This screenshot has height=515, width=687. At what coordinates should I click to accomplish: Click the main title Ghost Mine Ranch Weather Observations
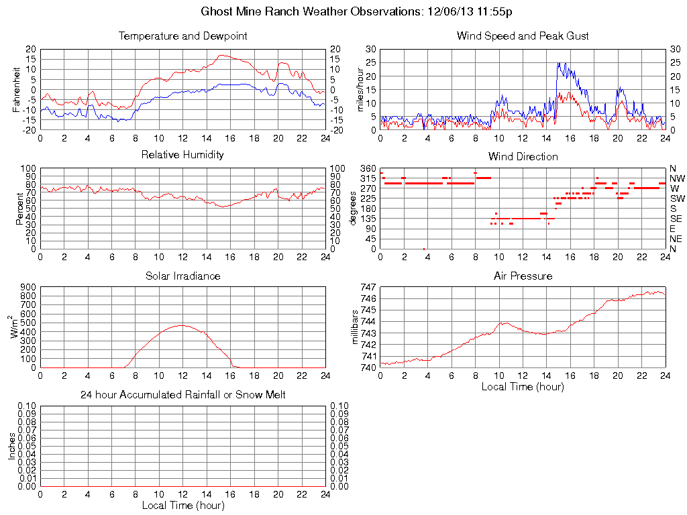point(358,12)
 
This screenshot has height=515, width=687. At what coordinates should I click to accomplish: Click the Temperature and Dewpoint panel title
point(182,36)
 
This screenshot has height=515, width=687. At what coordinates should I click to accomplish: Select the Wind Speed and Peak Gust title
point(522,36)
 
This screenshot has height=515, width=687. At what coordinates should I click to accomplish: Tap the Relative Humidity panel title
point(182,155)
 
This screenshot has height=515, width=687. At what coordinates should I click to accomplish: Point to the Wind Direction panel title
point(522,157)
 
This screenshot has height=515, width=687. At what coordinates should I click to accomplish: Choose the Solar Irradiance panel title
point(182,276)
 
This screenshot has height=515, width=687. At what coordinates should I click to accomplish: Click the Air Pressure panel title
point(523,276)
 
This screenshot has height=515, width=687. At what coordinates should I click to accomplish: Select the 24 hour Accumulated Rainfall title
point(182,395)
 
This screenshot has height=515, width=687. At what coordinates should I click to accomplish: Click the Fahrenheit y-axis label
point(16,90)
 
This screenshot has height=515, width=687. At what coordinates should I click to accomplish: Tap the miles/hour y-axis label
point(360,90)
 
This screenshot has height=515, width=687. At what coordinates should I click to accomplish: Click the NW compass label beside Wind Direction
point(677,178)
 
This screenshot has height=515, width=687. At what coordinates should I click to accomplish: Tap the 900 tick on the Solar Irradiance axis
point(29,287)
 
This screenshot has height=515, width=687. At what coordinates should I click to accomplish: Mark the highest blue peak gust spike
point(559,63)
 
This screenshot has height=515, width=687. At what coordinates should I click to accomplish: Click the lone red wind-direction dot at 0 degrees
point(423,249)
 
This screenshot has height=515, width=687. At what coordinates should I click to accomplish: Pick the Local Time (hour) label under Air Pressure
point(523,387)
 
